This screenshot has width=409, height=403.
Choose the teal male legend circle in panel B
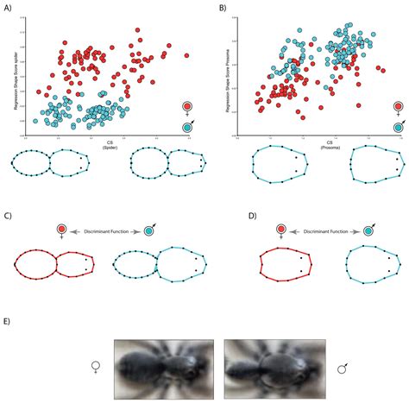tap(398, 128)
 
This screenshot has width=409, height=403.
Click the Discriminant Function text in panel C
tap(106, 231)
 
